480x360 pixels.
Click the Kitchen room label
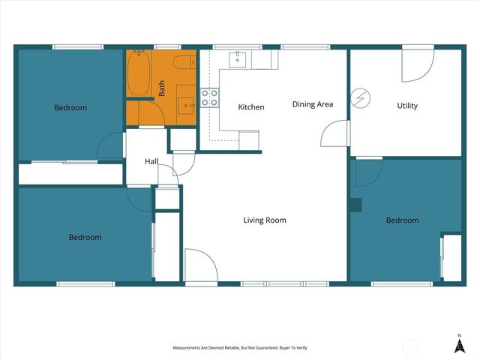point(251,107)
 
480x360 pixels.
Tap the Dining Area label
point(313,104)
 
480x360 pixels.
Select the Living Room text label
point(265,220)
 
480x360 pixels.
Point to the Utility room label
point(407,106)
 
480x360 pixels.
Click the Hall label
point(151,161)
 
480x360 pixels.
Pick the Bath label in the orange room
point(162,88)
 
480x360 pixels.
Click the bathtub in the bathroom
point(138,73)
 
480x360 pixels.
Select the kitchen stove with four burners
point(209,97)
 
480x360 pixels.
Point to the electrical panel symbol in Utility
point(361,97)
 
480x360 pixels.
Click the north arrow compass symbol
point(459,343)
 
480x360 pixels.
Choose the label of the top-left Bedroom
point(70,108)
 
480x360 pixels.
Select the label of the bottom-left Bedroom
point(85,238)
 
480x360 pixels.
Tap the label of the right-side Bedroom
point(403,220)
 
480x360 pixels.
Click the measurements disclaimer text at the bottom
point(240,348)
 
